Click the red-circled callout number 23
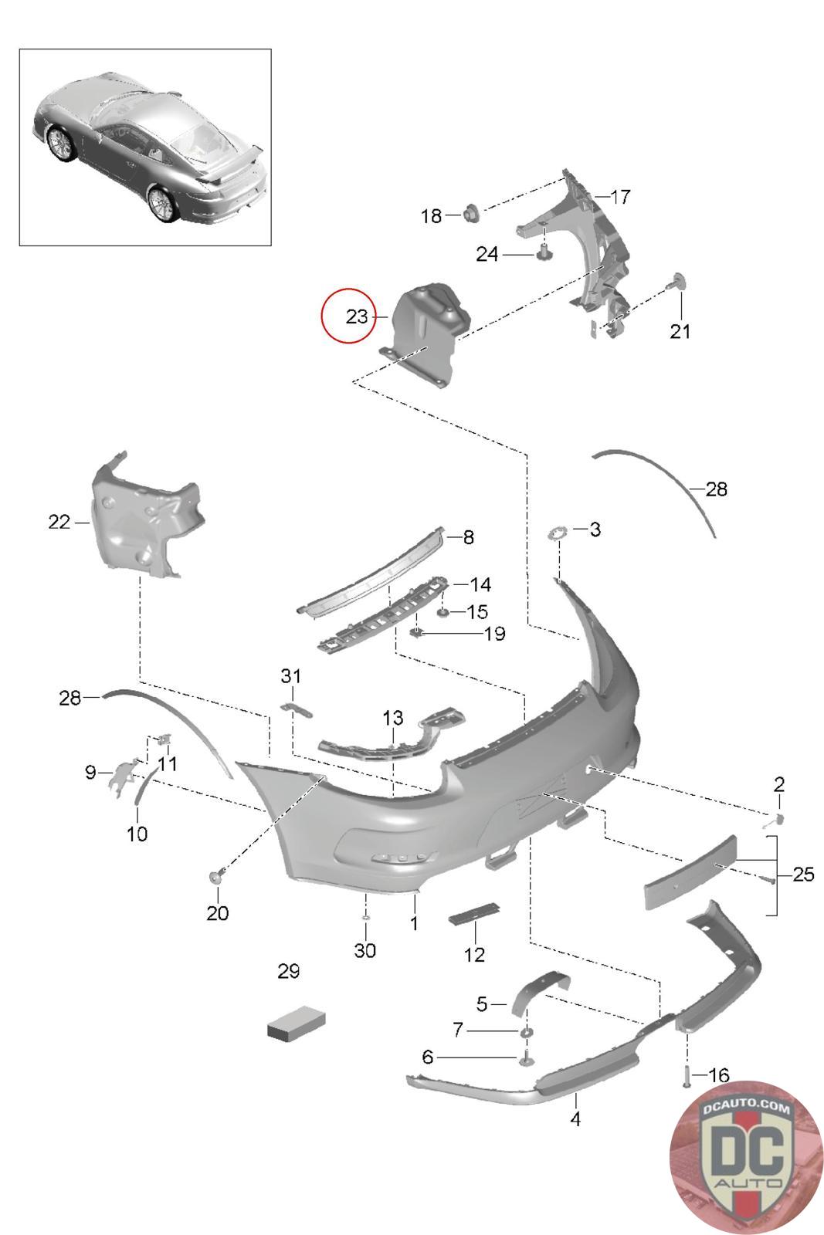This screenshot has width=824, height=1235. point(356,316)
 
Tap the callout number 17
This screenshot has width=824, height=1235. point(620,197)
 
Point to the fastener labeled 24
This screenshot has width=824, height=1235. point(543,252)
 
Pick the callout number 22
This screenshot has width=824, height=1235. point(59,522)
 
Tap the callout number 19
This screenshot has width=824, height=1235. point(494,634)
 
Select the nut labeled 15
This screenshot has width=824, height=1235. point(443,612)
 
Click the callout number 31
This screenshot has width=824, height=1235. point(290,676)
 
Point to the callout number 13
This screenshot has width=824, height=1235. point(393,718)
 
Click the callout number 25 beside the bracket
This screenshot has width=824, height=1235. point(803,874)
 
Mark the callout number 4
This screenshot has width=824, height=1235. point(575,1118)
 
